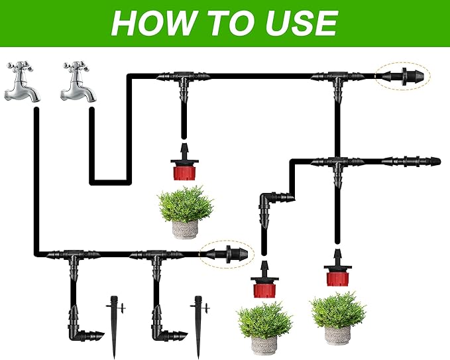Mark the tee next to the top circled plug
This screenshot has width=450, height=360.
(338, 79)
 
